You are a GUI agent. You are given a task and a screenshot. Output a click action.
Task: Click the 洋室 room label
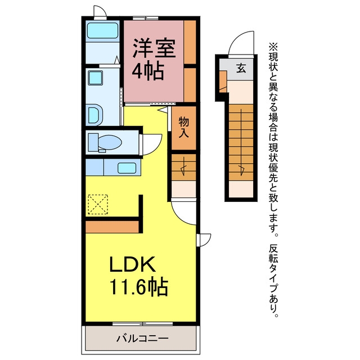pos(154,48)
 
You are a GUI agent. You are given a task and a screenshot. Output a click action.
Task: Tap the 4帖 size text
pos(148,71)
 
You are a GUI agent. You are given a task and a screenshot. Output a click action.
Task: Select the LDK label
pos(132,264)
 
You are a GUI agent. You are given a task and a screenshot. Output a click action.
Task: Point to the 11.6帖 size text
pos(139,286)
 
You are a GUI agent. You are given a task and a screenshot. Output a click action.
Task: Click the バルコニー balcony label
pos(142,339)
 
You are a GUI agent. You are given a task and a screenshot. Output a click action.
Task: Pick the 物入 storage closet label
pos(184,127)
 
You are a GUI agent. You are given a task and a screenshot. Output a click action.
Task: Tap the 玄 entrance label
pos(241,68)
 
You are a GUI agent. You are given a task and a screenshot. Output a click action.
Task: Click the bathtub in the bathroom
pos(102,30)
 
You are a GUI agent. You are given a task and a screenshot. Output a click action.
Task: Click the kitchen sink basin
pos(127,168)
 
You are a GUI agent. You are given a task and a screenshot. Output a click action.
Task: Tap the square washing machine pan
pos(95,78)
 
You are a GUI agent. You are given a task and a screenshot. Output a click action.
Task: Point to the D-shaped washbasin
pos(95,115)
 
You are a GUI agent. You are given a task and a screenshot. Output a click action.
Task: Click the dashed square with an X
pos(98,205)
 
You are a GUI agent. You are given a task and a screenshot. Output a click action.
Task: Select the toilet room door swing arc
pos(157,147)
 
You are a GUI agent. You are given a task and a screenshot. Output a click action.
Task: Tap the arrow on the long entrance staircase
pos(241,142)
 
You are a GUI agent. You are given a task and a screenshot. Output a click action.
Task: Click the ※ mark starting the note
pos(273,47)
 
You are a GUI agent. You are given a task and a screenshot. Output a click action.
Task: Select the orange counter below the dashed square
pos(112,227)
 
